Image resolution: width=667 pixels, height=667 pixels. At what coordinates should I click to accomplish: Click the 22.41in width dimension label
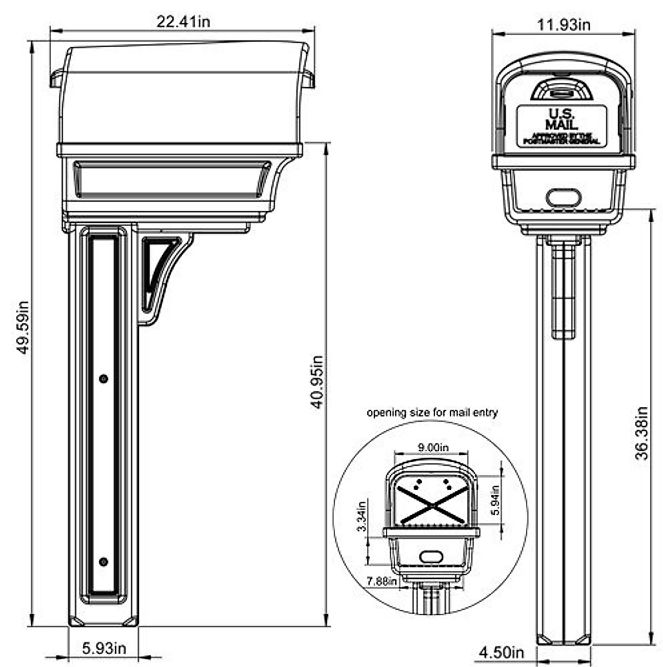click(x=183, y=22)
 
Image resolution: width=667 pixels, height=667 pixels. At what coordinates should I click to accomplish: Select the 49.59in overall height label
click(x=23, y=328)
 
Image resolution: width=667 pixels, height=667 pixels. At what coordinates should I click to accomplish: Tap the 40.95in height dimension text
click(x=316, y=382)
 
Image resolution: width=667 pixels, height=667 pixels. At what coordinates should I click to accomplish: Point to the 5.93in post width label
click(x=104, y=648)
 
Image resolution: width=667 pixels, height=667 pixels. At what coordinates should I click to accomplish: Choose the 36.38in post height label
click(x=642, y=434)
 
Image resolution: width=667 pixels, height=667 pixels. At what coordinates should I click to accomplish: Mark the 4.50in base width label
click(x=501, y=651)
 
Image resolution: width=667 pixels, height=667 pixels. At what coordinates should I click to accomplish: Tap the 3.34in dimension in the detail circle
click(x=362, y=516)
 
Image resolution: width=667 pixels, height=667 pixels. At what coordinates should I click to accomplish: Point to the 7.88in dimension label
click(x=382, y=581)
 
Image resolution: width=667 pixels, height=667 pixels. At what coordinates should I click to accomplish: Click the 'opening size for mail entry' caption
click(x=432, y=412)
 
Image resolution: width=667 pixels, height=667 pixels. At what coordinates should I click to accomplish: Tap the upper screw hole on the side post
click(x=103, y=379)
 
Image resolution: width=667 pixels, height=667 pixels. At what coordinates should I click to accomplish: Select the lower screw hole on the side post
click(x=103, y=561)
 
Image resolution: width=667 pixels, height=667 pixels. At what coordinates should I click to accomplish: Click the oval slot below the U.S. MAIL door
click(x=563, y=197)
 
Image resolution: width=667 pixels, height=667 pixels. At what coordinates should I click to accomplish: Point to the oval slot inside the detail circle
click(x=430, y=556)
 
